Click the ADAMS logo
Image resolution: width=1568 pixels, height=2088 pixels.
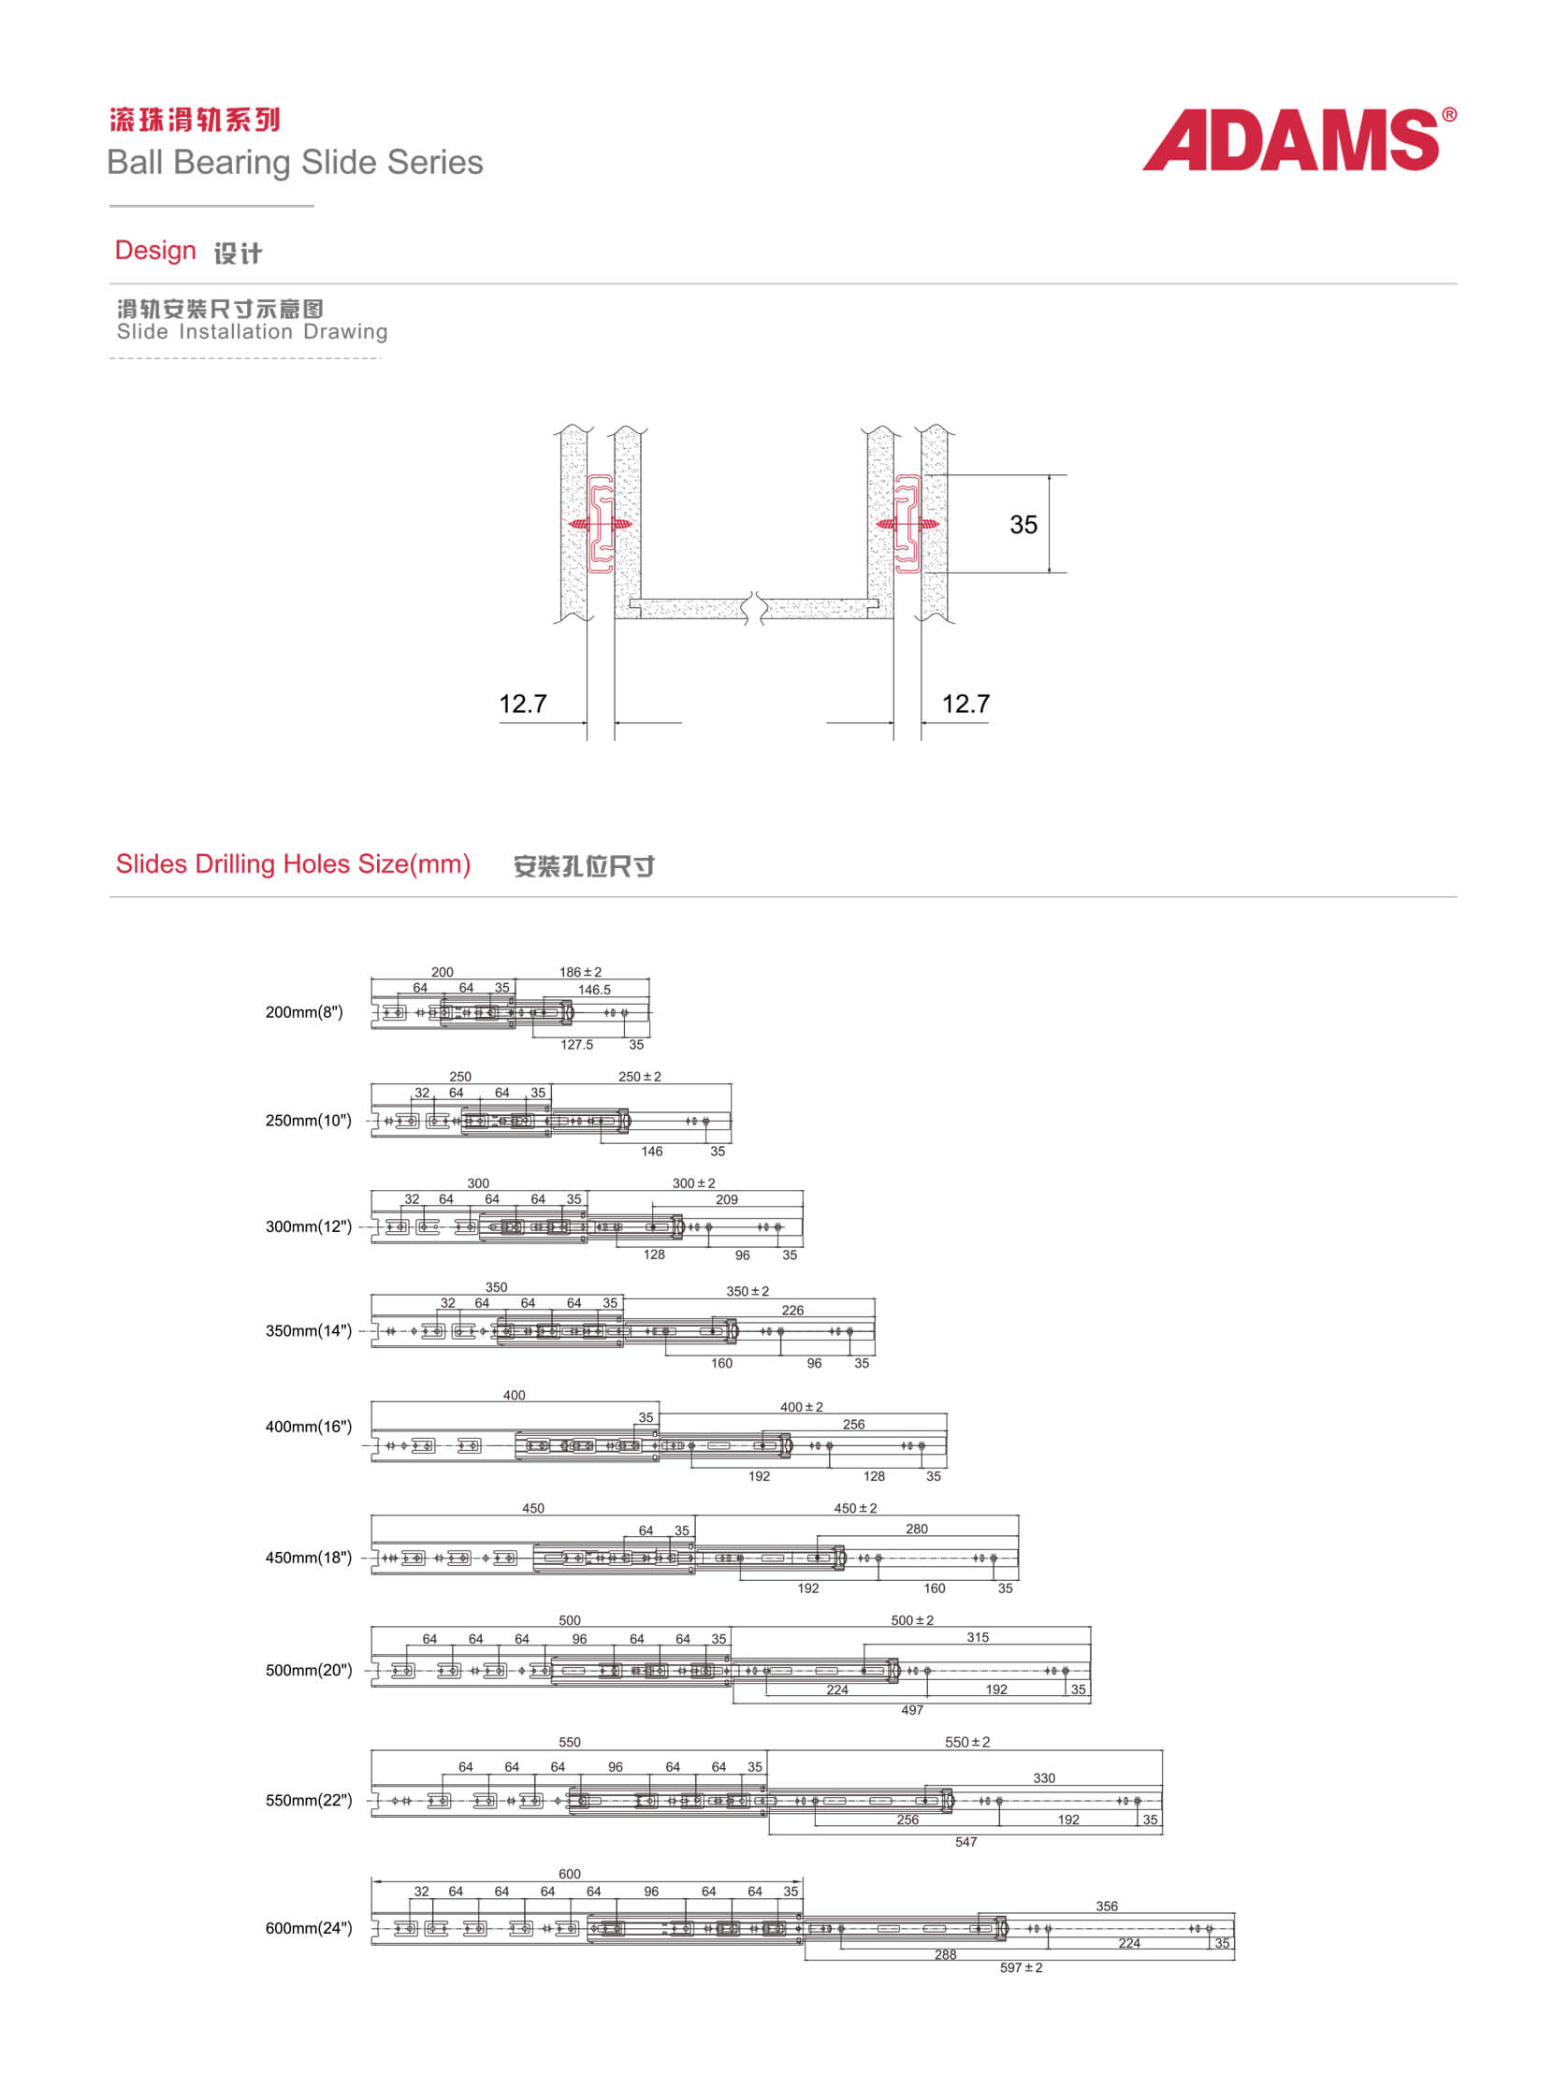1298,138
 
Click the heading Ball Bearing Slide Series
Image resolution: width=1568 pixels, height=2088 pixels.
295,163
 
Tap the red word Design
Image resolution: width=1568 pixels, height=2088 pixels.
154,250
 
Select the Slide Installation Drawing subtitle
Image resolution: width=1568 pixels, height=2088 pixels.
252,331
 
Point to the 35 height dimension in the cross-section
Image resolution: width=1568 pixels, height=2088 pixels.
1024,525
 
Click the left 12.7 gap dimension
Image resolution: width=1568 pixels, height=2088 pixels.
523,703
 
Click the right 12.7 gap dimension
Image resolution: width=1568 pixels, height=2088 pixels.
965,703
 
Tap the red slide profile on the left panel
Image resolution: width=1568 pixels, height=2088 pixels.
602,524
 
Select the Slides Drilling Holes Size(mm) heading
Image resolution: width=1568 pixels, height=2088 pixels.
293,863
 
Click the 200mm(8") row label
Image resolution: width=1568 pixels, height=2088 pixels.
304,1012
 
